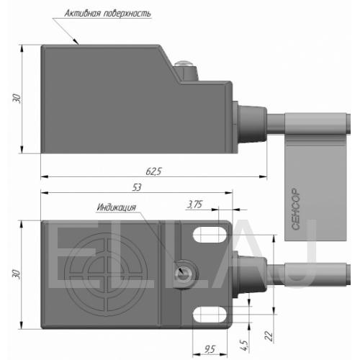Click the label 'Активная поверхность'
click(107, 14)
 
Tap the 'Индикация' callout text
click(117, 207)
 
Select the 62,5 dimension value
click(153, 171)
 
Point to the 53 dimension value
click(137, 187)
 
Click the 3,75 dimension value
click(194, 204)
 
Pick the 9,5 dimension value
click(210, 349)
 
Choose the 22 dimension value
click(269, 336)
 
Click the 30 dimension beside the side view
click(17, 99)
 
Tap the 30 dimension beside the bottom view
click(17, 274)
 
